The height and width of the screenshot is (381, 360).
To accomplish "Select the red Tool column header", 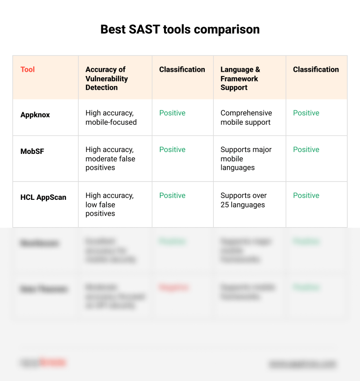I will click(x=28, y=69).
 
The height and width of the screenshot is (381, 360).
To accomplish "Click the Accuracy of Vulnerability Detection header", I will click(x=106, y=78).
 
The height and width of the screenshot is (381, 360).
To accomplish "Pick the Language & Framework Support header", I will click(x=240, y=78).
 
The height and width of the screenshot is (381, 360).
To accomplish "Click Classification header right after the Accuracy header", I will click(x=182, y=69).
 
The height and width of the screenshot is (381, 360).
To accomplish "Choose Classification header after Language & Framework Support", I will click(x=315, y=69).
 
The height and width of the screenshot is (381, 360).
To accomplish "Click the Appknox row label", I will click(x=35, y=115).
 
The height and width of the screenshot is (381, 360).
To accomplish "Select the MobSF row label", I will click(x=32, y=152).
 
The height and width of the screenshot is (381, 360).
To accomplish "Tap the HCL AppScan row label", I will click(x=43, y=198).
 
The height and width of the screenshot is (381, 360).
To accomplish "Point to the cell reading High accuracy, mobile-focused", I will click(x=111, y=117).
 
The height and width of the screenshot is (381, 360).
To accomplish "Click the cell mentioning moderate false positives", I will click(x=110, y=159).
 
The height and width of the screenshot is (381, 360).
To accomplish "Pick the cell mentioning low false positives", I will click(x=109, y=205).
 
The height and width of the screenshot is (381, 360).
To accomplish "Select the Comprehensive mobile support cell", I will click(x=246, y=117).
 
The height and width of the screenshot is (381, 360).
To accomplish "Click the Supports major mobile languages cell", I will click(x=246, y=159).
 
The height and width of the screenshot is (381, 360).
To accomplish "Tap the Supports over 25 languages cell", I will click(x=243, y=200).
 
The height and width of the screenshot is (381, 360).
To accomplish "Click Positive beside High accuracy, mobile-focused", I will click(x=172, y=113).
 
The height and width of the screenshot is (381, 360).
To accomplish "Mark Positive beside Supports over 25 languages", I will click(x=306, y=196).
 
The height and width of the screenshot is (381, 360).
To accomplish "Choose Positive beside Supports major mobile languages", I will click(x=306, y=150).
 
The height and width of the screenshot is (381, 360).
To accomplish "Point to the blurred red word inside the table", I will click(x=173, y=287).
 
